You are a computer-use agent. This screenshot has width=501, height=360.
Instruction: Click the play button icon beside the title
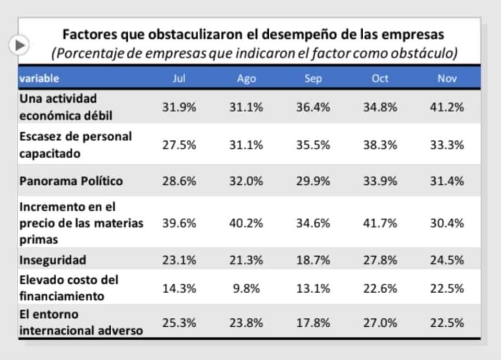[19, 45]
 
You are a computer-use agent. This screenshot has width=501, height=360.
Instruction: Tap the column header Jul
[179, 78]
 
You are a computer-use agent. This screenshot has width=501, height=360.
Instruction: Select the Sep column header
[313, 78]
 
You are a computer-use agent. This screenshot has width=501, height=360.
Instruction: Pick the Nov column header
[447, 78]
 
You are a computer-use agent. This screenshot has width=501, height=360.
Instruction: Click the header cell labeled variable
[39, 78]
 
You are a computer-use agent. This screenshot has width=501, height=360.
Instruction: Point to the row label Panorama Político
[71, 181]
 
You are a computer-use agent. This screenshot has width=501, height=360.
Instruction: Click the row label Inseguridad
[53, 260]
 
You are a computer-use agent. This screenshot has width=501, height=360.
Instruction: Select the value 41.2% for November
[447, 107]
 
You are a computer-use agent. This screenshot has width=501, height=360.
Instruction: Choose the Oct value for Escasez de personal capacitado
[380, 145]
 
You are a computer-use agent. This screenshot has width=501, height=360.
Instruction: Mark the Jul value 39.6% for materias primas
[179, 223]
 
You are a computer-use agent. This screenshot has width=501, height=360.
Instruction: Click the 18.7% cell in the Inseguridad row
[313, 260]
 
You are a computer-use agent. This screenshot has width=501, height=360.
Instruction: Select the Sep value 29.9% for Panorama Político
[313, 181]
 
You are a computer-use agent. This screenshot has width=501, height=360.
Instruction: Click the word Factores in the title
[89, 35]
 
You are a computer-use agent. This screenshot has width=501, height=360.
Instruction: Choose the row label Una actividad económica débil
[66, 107]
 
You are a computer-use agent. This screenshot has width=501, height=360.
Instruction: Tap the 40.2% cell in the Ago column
[246, 223]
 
